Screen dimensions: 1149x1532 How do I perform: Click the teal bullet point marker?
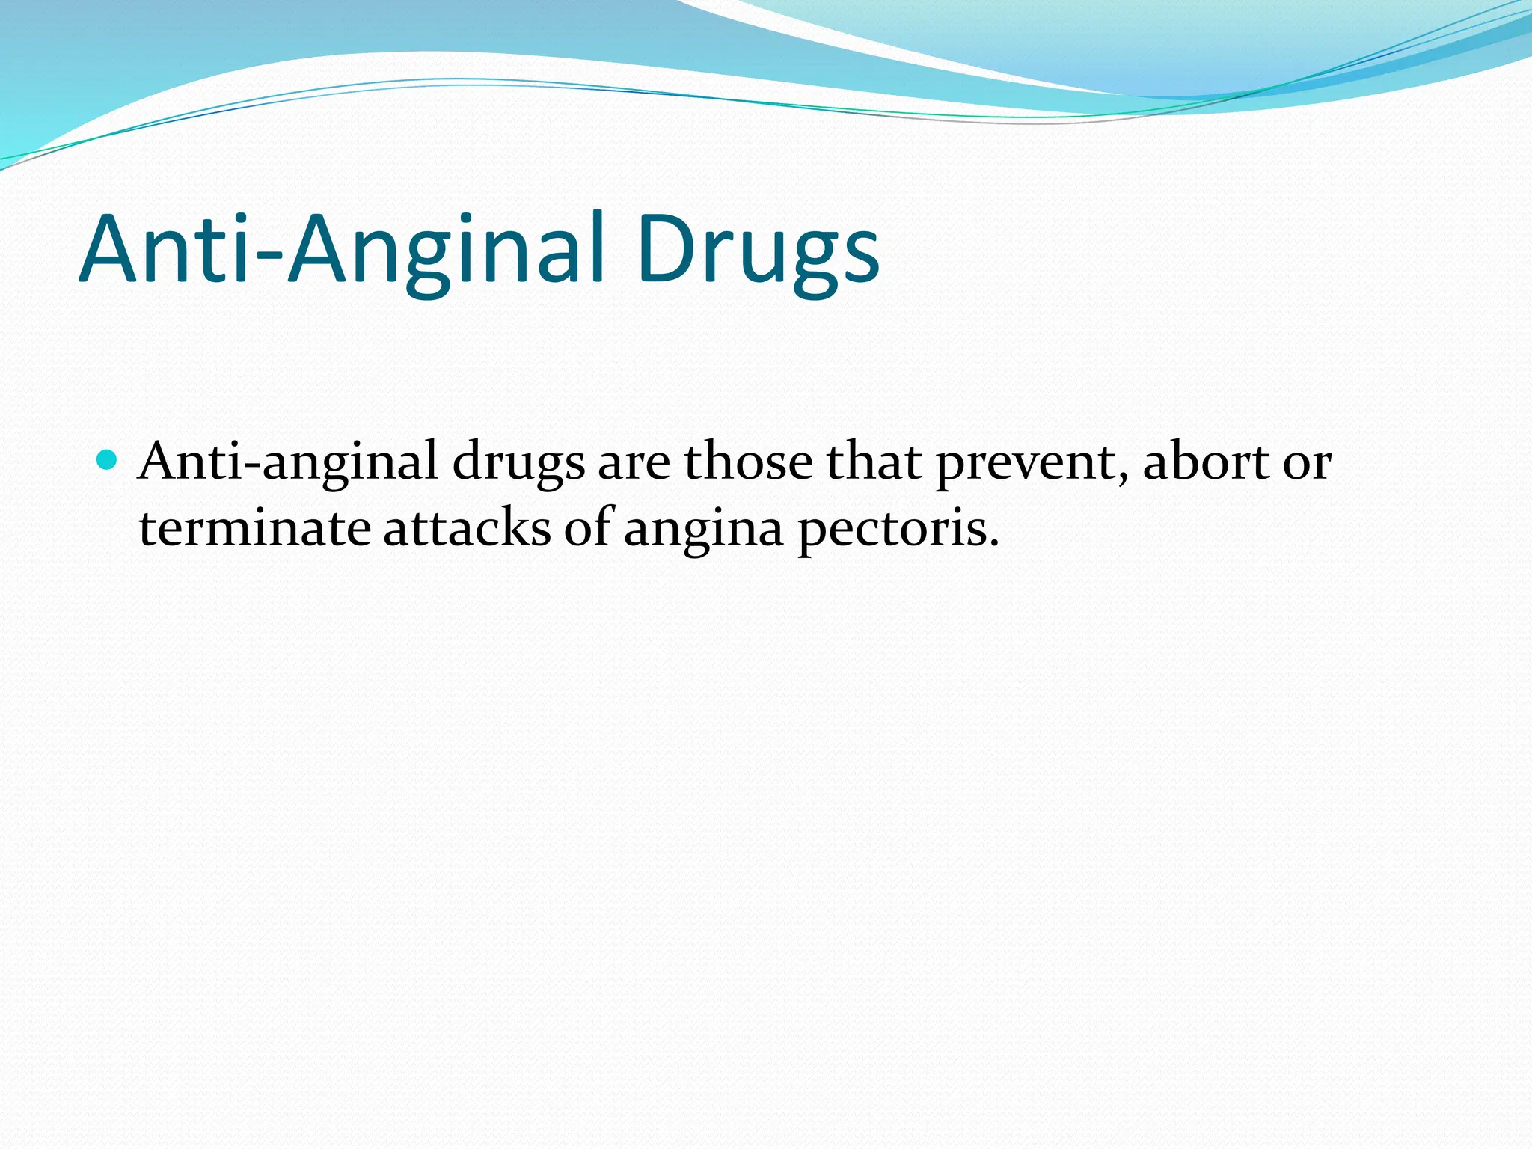tap(108, 459)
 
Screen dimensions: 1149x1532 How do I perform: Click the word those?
tap(747, 462)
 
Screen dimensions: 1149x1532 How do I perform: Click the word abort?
tap(1205, 462)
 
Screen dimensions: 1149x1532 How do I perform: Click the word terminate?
tap(254, 528)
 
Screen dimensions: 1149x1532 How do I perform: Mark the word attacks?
tap(467, 528)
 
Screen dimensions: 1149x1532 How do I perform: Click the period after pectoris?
tap(993, 543)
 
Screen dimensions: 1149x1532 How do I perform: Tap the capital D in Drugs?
tap(663, 248)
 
